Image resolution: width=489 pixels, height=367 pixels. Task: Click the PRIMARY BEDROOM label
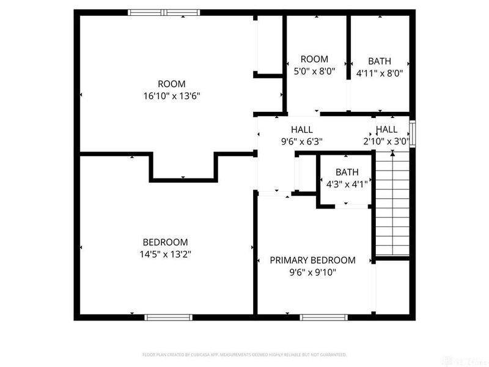coord(312,260)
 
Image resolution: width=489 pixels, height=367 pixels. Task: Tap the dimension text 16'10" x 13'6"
coord(172,95)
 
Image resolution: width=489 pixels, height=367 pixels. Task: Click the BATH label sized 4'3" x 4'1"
coord(347,172)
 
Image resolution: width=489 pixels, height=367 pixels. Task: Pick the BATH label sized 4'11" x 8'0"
coord(380,61)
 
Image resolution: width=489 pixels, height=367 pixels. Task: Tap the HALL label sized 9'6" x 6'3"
coord(302,130)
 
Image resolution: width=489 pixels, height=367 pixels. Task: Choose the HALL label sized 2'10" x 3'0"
coord(386,130)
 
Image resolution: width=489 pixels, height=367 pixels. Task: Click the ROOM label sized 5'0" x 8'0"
coord(314,59)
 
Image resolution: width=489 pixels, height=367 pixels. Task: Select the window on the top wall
coord(164,12)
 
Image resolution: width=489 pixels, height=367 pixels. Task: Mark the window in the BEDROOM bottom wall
coord(168,317)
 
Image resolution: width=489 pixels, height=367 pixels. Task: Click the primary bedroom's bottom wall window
coord(323,317)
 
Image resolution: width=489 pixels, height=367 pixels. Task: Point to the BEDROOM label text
coord(165,242)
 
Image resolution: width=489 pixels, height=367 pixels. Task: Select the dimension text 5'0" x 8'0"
coord(314,71)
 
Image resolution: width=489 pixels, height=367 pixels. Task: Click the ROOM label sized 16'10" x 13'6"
coord(172,84)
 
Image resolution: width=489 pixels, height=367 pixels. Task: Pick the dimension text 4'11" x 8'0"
coord(380,73)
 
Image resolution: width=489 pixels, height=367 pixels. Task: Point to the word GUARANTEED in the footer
coord(335,354)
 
